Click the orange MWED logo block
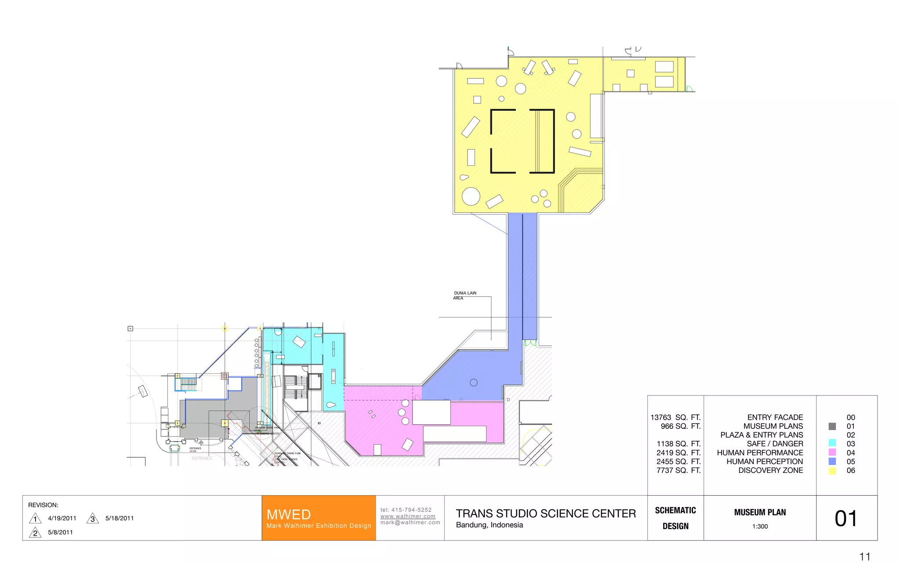319,518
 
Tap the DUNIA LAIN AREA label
465,296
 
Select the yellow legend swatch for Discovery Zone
832,471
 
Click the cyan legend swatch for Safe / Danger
832,443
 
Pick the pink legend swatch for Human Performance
832,452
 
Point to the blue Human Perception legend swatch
832,461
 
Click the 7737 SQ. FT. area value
679,471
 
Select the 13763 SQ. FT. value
675,417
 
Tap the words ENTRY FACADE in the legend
775,417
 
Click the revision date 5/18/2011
120,518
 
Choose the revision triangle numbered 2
35,533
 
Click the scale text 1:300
760,526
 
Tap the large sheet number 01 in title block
846,519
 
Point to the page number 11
864,557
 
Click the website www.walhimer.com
408,516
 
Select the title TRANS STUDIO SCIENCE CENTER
546,513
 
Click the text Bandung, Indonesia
490,525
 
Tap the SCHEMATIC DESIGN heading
675,518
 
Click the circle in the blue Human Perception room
474,382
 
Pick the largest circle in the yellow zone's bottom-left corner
471,196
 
